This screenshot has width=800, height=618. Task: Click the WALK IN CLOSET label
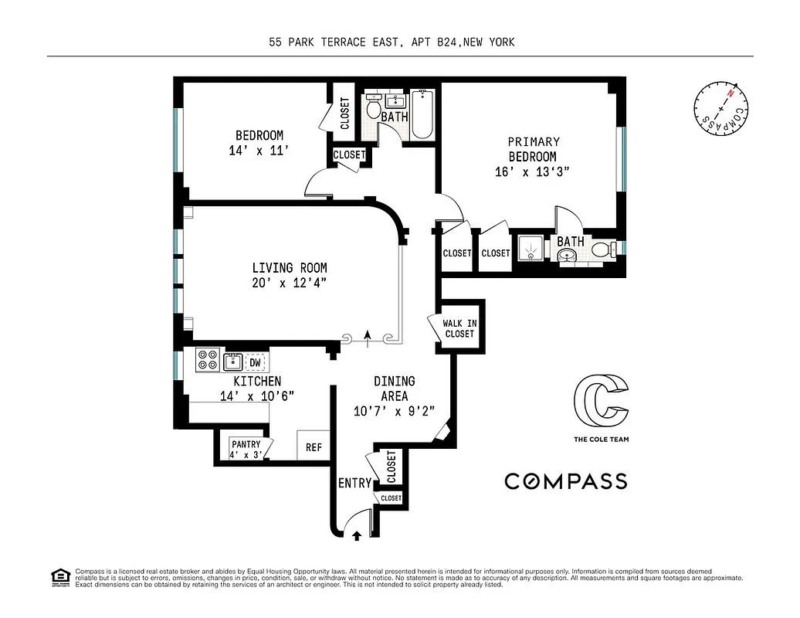(x=459, y=328)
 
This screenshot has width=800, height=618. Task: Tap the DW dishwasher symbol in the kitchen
(x=255, y=362)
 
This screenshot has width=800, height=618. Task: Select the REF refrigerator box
(x=314, y=447)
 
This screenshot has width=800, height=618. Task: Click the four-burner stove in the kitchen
(x=207, y=361)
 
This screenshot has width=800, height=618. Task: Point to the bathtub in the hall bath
(x=422, y=115)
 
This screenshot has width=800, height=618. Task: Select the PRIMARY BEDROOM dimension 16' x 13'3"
(x=533, y=172)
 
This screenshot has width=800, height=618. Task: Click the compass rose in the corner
(x=721, y=110)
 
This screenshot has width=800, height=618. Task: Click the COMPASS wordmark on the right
(x=565, y=481)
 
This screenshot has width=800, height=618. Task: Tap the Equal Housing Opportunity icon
(x=58, y=576)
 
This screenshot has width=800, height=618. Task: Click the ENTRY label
(x=355, y=484)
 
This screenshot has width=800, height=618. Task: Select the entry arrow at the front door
(x=357, y=533)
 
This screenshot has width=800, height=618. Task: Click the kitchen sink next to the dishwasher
(x=232, y=361)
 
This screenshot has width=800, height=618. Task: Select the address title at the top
(x=392, y=42)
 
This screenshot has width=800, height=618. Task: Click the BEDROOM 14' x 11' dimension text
(x=259, y=151)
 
